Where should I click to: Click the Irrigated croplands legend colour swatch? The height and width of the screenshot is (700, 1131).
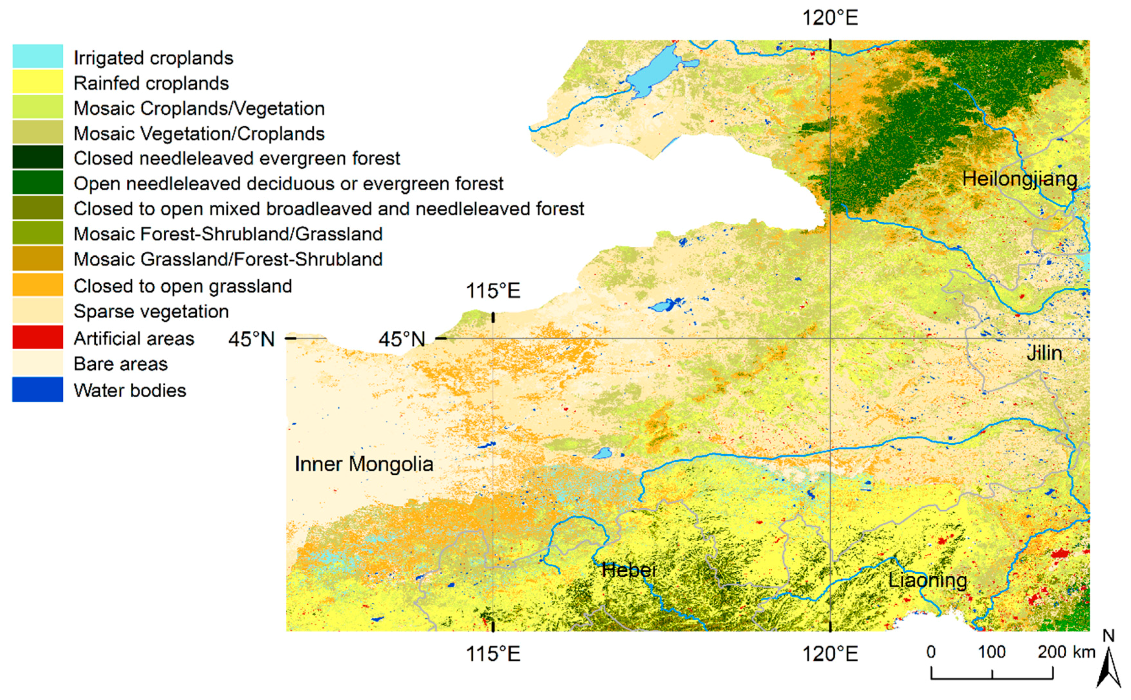[38, 56]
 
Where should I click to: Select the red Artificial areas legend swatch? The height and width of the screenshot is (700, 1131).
[38, 337]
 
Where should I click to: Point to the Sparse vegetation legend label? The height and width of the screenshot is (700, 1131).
[151, 311]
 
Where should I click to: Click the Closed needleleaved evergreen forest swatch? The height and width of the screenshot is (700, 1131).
[38, 157]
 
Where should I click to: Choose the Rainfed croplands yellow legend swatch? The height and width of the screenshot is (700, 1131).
[38, 82]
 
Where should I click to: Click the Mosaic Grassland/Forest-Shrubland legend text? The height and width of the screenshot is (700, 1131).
[228, 259]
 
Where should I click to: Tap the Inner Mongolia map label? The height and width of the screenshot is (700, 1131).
[364, 464]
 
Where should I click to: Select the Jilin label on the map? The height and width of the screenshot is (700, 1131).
[1044, 353]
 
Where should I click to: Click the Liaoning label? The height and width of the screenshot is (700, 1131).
[928, 581]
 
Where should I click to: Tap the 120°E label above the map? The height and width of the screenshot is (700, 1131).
[830, 18]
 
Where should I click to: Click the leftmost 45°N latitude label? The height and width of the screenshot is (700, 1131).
[252, 339]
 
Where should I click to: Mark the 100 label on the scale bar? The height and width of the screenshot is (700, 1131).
[992, 652]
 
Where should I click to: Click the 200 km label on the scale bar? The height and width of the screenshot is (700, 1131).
[1066, 652]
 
